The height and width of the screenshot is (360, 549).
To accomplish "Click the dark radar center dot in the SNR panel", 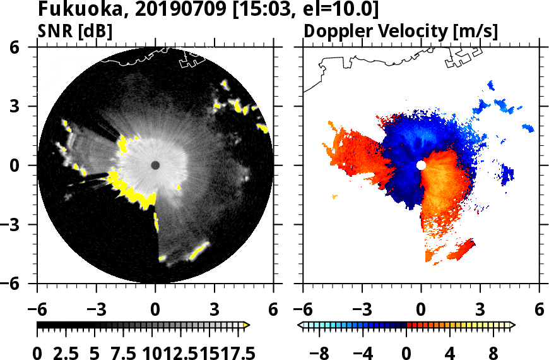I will (x=155, y=165).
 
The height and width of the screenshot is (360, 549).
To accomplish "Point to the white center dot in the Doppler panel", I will (x=421, y=165).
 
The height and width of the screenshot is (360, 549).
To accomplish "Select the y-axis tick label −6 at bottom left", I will (x=20, y=284).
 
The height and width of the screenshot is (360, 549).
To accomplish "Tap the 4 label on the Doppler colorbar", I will (x=449, y=352).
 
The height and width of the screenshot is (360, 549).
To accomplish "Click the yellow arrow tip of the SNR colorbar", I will (x=247, y=325).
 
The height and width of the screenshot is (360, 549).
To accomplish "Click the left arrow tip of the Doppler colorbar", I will (x=301, y=325).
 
